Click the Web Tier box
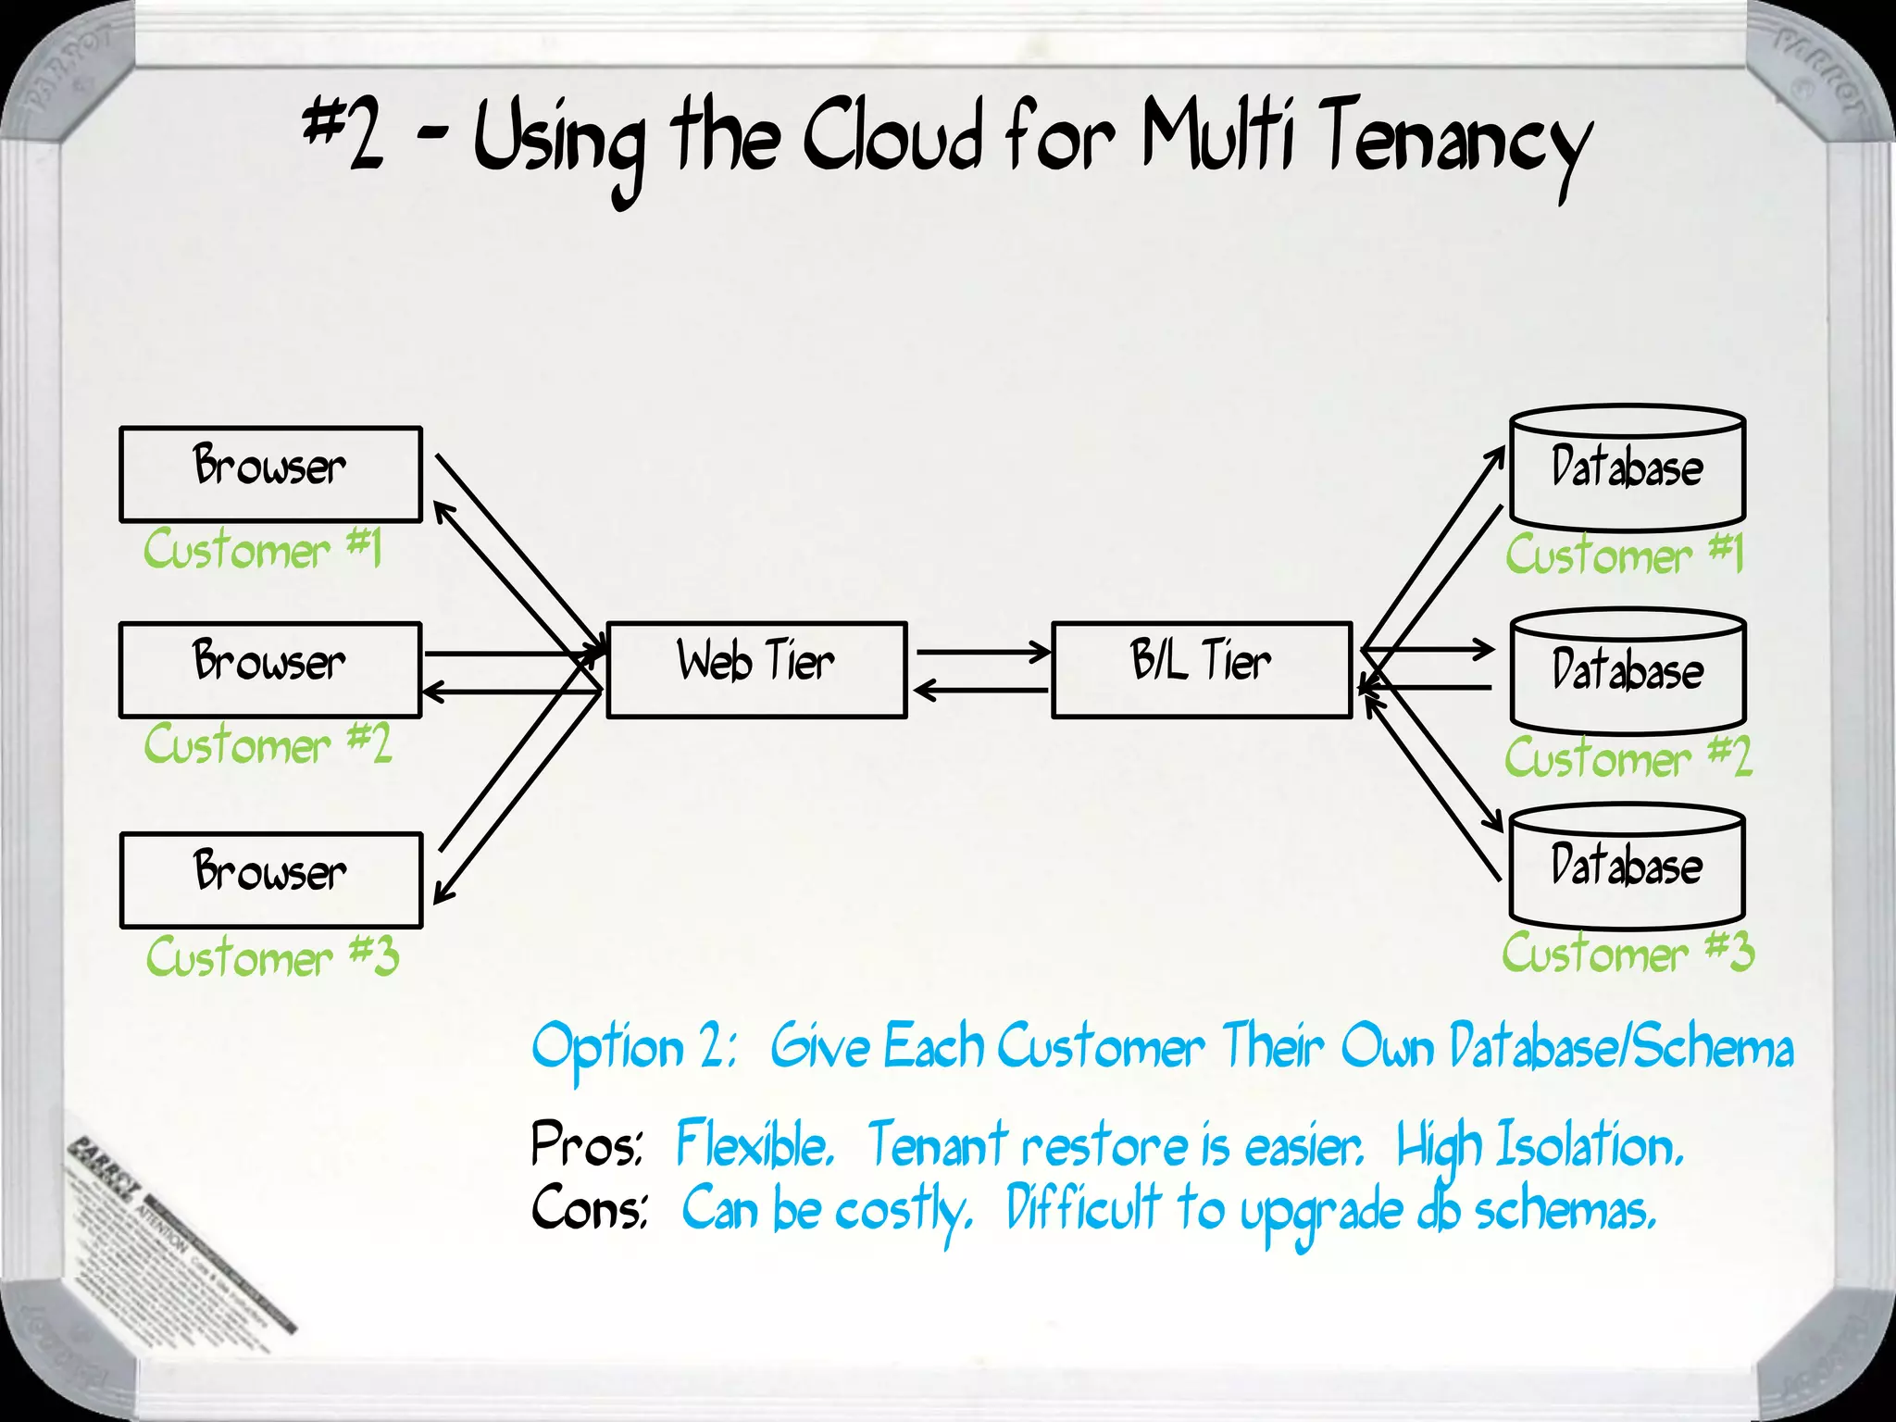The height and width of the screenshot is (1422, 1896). point(756,669)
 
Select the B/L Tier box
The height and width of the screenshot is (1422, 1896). point(1202,669)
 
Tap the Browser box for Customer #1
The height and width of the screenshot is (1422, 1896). point(270,474)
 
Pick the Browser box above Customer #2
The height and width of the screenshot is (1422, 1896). point(270,669)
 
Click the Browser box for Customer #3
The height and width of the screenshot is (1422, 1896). point(270,879)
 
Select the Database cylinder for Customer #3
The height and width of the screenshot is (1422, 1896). point(1627,868)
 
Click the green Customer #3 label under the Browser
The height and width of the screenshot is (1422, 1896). point(272,956)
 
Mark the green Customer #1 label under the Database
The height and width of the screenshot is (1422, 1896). point(1624,554)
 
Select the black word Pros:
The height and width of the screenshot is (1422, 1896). point(585,1145)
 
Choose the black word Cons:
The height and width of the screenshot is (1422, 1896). point(589,1208)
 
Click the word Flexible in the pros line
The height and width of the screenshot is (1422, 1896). point(754,1145)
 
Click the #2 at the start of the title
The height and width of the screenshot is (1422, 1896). point(343,134)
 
